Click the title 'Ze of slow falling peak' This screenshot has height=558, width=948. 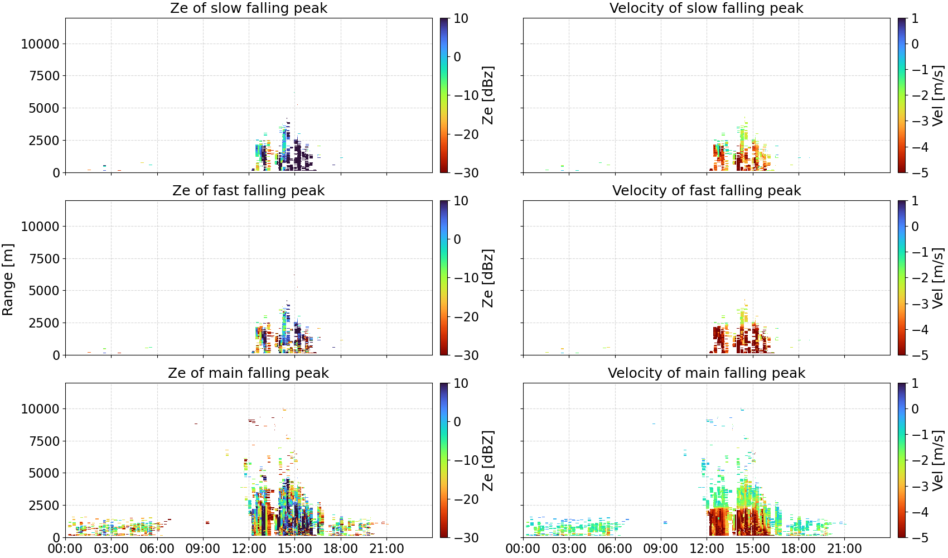pyautogui.click(x=248, y=8)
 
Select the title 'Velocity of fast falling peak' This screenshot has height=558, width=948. pyautogui.click(x=707, y=190)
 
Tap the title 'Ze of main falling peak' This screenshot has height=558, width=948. pyautogui.click(x=248, y=373)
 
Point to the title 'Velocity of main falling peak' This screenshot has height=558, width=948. pyautogui.click(x=707, y=373)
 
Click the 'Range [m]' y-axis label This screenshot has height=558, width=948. pyautogui.click(x=8, y=280)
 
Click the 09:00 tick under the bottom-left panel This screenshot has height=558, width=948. pyautogui.click(x=203, y=549)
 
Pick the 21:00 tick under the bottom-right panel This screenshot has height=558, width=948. pyautogui.click(x=844, y=549)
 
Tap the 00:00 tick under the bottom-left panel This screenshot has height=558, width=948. pyautogui.click(x=66, y=549)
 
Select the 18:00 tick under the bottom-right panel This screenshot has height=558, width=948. pyautogui.click(x=798, y=549)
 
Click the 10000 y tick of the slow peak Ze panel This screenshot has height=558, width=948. pyautogui.click(x=40, y=44)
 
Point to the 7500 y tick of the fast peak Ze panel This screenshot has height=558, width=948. pyautogui.click(x=44, y=258)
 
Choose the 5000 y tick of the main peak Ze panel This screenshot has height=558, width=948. pyautogui.click(x=44, y=473)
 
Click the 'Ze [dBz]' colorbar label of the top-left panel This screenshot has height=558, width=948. pyautogui.click(x=487, y=95)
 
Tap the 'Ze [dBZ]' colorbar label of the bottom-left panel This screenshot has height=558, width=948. pyautogui.click(x=487, y=460)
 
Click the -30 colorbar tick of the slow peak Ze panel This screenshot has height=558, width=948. pyautogui.click(x=466, y=173)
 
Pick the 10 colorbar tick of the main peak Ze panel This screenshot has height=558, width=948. pyautogui.click(x=461, y=383)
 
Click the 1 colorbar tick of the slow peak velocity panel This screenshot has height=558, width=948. pyautogui.click(x=916, y=18)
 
